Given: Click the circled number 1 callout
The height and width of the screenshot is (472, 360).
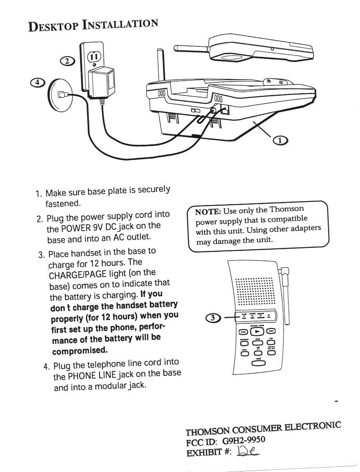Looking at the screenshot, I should point(280,140).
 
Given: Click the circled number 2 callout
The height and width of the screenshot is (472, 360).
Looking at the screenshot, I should point(67,61).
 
